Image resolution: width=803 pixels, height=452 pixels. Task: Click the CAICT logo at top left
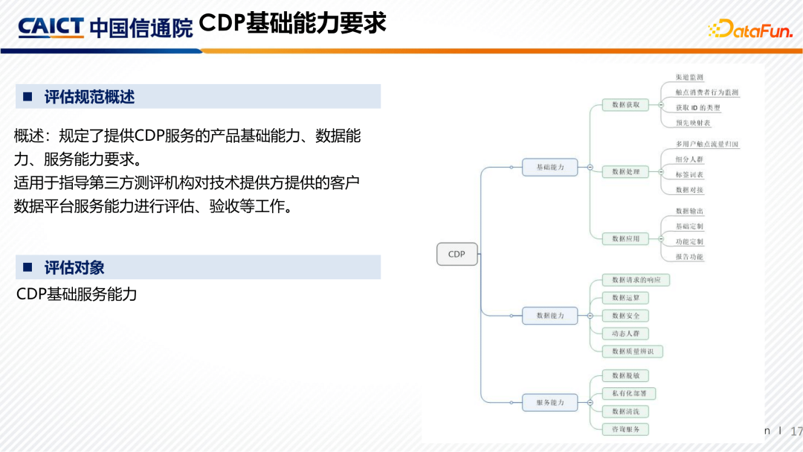coord(51,28)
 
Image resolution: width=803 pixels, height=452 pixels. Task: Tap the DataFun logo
coord(751,29)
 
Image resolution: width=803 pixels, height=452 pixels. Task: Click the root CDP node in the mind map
coord(457,254)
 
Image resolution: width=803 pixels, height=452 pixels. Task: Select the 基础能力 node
coord(550,167)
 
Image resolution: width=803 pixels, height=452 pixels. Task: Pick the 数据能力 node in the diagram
coord(550,315)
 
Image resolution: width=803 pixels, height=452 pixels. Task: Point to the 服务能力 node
coord(550,402)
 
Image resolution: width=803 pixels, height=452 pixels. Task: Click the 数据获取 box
coord(625,104)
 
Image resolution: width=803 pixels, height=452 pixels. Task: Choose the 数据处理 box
coord(625,171)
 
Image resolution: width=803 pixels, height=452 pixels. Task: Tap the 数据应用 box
coord(625,238)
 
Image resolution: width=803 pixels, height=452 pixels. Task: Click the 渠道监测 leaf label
coord(689,77)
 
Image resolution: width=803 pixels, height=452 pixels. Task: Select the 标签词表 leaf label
coord(689,174)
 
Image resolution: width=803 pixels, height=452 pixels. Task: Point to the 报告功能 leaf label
coord(689,256)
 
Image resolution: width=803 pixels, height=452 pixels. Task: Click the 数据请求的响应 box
coord(636,280)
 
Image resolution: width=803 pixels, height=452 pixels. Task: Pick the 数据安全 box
coord(625,316)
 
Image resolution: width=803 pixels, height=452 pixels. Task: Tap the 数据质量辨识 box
coord(632,351)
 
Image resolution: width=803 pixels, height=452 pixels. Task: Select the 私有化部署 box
coord(628,393)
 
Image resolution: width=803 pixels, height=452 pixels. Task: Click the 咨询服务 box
coord(625,429)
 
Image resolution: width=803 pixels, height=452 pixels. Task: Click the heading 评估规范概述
coord(89,97)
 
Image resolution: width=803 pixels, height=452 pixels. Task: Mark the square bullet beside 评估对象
coord(28,267)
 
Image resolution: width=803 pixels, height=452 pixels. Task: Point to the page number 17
coord(796,431)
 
